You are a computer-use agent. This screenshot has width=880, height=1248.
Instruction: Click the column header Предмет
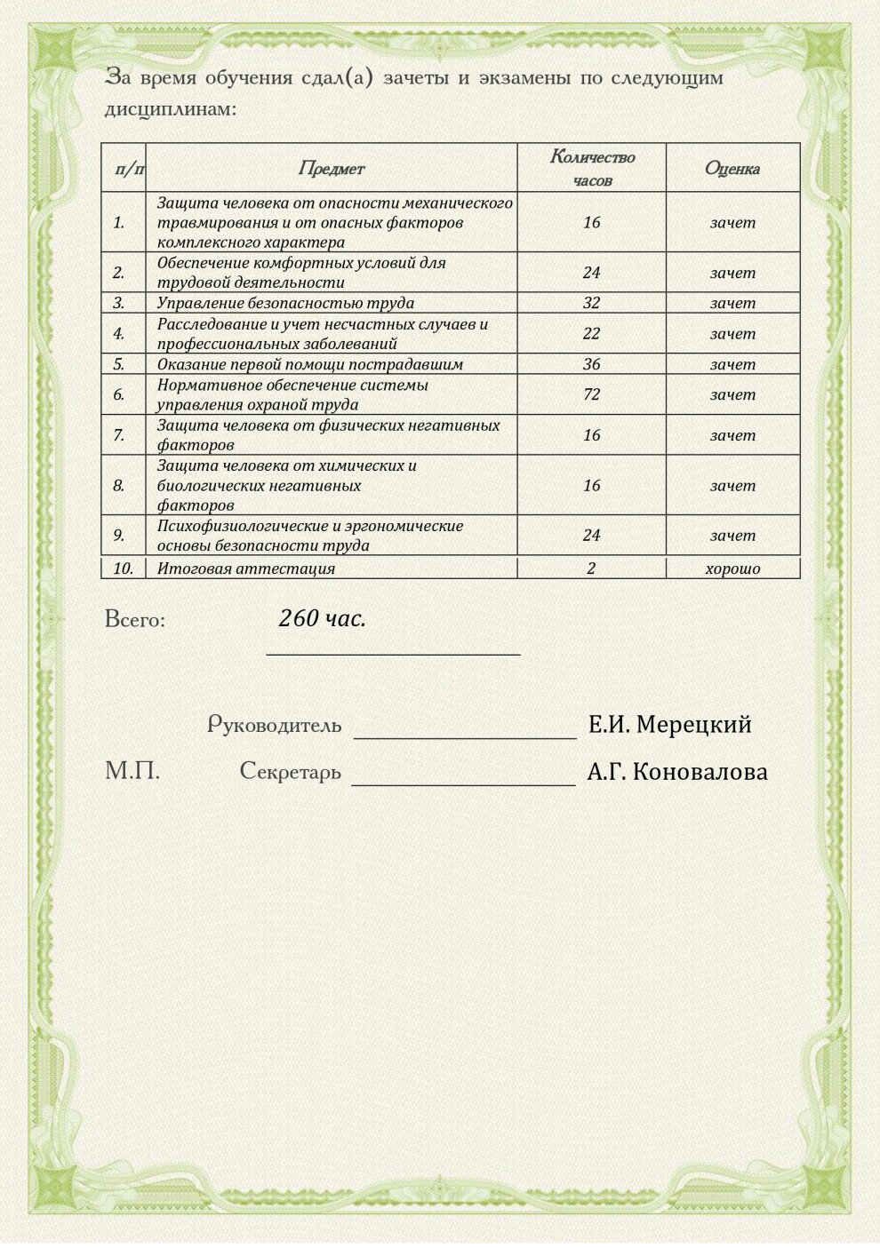[331, 168]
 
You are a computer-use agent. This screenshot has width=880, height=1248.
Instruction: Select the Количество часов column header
[592, 168]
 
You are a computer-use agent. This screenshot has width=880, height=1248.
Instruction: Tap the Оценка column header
[732, 168]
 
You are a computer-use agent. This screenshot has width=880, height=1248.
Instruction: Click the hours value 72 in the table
[592, 394]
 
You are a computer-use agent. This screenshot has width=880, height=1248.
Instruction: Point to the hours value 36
[592, 364]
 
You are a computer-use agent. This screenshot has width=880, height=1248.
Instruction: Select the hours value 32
[592, 303]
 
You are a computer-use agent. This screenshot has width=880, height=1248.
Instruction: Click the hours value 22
[592, 334]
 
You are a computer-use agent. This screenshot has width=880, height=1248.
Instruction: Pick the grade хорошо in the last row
[732, 568]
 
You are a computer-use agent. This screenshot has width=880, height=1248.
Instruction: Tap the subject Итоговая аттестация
[246, 568]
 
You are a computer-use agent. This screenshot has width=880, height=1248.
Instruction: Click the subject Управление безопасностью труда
[285, 303]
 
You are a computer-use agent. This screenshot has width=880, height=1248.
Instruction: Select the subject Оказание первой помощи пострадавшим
[310, 364]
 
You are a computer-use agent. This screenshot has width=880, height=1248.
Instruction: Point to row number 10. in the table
[123, 568]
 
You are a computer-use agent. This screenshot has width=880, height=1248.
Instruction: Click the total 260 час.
[322, 618]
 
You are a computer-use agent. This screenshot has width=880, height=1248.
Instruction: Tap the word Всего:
[135, 619]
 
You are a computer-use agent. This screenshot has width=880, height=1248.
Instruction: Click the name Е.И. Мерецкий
[669, 725]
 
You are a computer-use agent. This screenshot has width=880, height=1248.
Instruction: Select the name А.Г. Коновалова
[676, 772]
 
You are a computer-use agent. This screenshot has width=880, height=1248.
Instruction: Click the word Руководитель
[275, 725]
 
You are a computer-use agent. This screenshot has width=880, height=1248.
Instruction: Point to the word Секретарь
[291, 771]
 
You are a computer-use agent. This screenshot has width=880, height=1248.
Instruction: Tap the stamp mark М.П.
[132, 770]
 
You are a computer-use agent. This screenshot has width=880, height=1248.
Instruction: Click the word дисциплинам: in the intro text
[171, 110]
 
